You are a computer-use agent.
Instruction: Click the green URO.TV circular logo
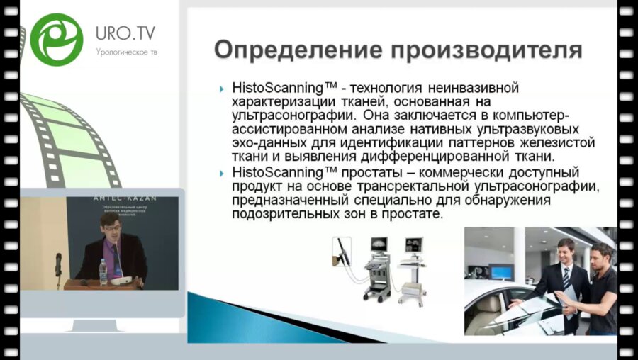57,40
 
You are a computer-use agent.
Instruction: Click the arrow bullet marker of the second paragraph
223,172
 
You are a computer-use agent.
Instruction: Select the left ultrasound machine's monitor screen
379,245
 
